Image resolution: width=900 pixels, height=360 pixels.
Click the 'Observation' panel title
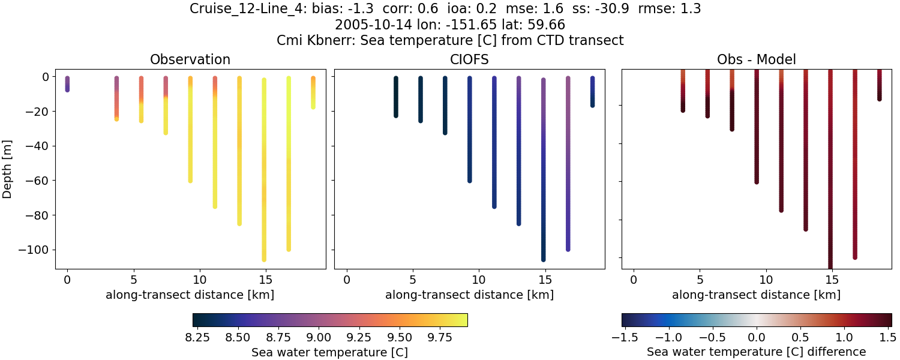point(190,59)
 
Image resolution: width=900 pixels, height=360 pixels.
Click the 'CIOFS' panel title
point(470,59)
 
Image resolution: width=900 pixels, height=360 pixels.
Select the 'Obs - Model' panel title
point(757,59)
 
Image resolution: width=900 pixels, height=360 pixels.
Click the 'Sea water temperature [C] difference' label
point(757,352)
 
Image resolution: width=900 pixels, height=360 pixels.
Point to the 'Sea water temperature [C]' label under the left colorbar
point(329,352)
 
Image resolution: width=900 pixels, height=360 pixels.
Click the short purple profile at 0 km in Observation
point(67,84)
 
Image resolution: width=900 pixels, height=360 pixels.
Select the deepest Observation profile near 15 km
point(264,168)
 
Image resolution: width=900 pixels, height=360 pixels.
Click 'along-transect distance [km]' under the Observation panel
point(190,295)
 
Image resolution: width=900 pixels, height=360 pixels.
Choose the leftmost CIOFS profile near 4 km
point(396,96)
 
